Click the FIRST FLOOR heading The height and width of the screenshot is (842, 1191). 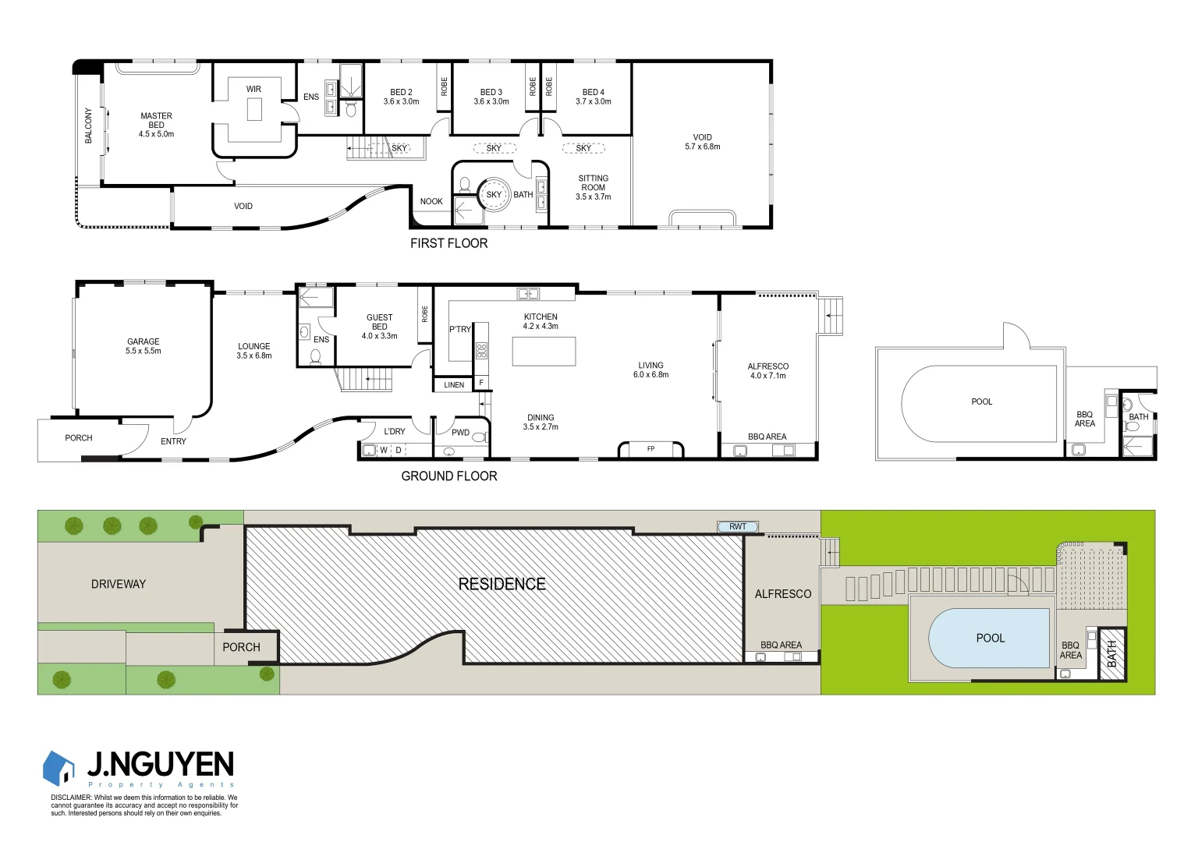pos(448,243)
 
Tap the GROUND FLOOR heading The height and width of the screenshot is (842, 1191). pos(448,476)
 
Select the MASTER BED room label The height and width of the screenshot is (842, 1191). pos(156,120)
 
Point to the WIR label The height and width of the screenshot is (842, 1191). pos(253,89)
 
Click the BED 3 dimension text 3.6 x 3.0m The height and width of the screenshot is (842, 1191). pos(491,101)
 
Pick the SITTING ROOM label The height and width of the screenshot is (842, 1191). pos(593,182)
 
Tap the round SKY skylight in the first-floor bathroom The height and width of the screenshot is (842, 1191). pos(494,194)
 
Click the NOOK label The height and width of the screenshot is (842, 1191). pos(431,201)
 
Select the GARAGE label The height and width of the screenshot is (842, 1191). pos(144,341)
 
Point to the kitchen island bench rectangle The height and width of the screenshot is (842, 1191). pos(544,351)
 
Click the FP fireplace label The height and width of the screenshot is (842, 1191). pos(650,449)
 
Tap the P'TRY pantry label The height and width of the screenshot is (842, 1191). pos(460,329)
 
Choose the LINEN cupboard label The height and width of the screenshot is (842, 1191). pos(454,384)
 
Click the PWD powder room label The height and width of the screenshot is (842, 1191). pos(460,433)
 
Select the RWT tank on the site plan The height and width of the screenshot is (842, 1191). pos(737,527)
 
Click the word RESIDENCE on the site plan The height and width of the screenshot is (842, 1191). pos(502,584)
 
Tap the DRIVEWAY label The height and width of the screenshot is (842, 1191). pos(119,584)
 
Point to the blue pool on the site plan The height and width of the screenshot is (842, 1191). pos(989,638)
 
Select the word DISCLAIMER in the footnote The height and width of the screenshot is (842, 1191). pos(71,798)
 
